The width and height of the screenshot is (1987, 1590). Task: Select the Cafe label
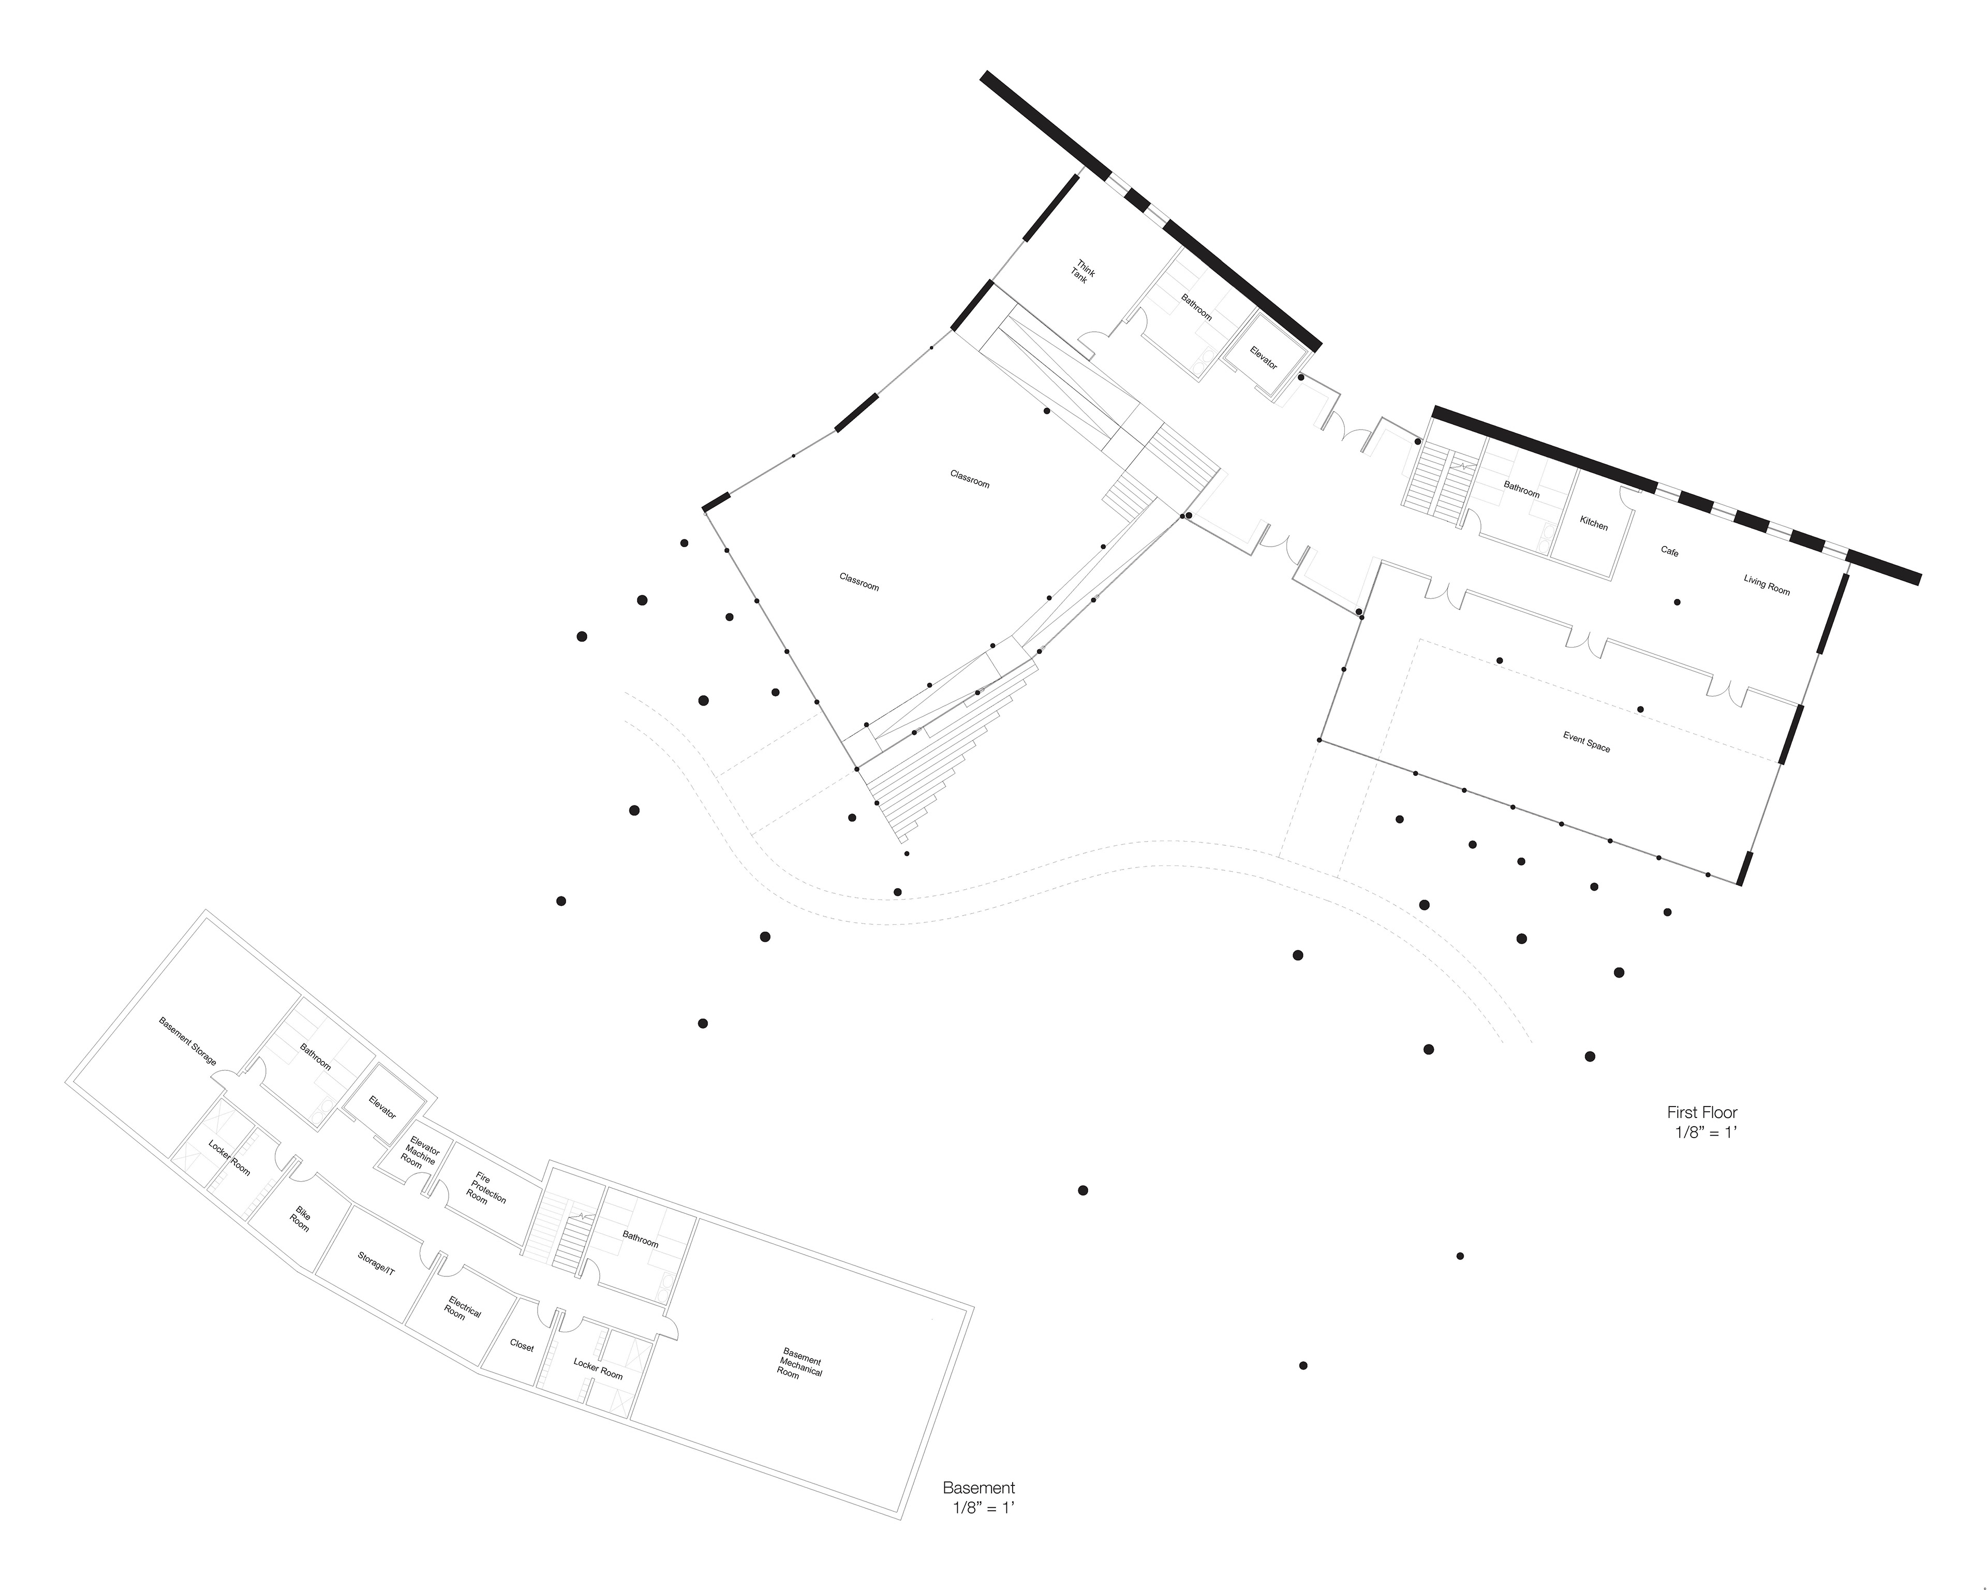[1670, 551]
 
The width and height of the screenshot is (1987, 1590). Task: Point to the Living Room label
[1767, 584]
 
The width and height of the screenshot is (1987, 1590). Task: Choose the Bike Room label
[301, 1218]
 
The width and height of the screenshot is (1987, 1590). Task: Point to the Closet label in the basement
[522, 1347]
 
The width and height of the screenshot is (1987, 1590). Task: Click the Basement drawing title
[979, 1488]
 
